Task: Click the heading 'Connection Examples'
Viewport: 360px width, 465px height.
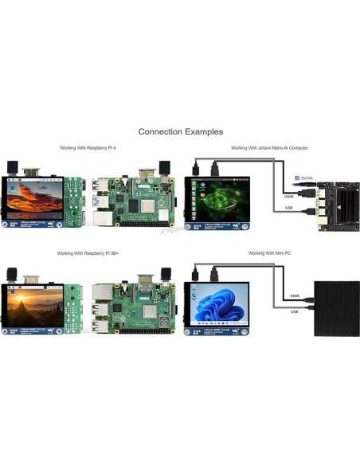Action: point(180,131)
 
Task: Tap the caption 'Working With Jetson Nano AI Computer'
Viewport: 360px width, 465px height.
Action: point(269,148)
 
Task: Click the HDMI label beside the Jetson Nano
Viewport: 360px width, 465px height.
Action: point(289,197)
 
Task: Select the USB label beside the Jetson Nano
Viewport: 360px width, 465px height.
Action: point(288,209)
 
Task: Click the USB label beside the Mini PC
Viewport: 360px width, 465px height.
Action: point(294,312)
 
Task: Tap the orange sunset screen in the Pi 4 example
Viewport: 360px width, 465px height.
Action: point(36,199)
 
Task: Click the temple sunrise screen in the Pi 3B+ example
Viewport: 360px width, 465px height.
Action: point(36,304)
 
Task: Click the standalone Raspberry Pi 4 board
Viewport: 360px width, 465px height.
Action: point(133,202)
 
